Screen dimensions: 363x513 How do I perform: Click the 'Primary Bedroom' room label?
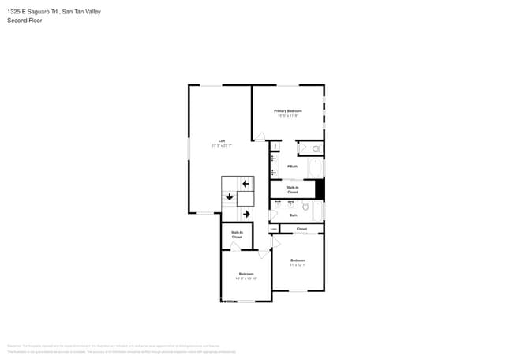[x=287, y=111]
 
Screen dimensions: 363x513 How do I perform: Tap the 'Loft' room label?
[x=222, y=140]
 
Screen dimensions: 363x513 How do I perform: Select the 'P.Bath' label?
[x=292, y=167]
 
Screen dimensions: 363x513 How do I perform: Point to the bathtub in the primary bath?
[x=314, y=168]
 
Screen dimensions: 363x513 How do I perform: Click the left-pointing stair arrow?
[x=245, y=184]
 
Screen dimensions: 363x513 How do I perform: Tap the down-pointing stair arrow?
[x=230, y=197]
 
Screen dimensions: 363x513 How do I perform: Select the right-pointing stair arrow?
[x=245, y=213]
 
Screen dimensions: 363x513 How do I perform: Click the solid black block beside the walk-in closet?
[x=320, y=189]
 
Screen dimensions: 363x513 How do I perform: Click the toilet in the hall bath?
[x=305, y=207]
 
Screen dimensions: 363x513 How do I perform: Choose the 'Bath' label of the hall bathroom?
[x=293, y=215]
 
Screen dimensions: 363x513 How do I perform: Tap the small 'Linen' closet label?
[x=273, y=229]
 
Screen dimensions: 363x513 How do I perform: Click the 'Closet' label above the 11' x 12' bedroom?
[x=301, y=229]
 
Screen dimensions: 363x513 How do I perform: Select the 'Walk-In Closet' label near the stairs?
[x=236, y=234]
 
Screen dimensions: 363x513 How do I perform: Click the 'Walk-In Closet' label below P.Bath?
[x=292, y=189]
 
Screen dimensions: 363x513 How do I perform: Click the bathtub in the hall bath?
[x=317, y=211]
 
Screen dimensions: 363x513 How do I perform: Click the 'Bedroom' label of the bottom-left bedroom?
[x=246, y=274]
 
